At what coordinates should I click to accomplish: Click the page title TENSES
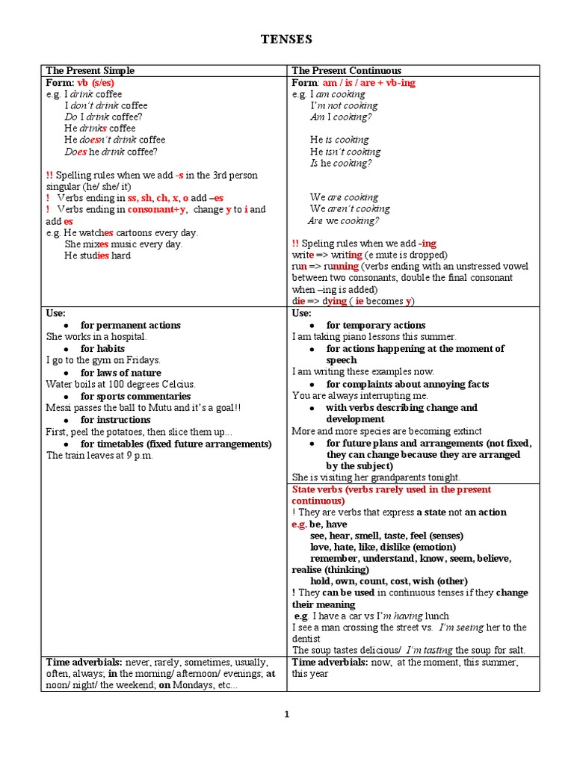click(x=287, y=39)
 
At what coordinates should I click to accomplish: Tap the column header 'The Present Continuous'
click(x=346, y=71)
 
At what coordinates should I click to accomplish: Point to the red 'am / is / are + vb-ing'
click(x=368, y=83)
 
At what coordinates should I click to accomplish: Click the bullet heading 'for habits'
click(x=102, y=349)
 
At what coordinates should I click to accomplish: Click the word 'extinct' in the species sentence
click(x=466, y=432)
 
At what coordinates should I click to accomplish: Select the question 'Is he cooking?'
click(x=342, y=163)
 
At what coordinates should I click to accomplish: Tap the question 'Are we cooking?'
click(x=344, y=221)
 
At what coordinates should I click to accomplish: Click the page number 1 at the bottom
click(x=286, y=714)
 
